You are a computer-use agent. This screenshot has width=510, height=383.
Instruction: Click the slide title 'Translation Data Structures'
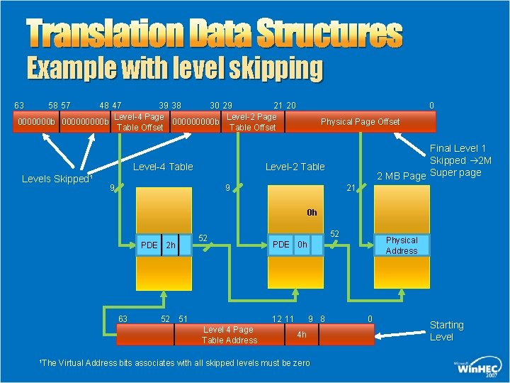[214, 33]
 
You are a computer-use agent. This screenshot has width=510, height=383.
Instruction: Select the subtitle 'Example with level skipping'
[174, 69]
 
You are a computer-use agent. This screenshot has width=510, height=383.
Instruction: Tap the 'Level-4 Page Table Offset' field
[140, 122]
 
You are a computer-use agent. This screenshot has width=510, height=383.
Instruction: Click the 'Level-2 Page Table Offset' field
[252, 122]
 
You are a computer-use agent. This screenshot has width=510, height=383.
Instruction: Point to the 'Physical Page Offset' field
[360, 122]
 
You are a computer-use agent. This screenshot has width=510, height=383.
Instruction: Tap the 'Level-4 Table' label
[163, 167]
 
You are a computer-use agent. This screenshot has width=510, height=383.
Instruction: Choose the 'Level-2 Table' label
[295, 167]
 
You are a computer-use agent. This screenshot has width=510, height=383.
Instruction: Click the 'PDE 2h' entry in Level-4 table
[157, 245]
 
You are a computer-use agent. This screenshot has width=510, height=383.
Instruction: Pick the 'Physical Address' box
[401, 245]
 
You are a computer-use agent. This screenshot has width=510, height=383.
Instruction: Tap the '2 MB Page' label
[401, 176]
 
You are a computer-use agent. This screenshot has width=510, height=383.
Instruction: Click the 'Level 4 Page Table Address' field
[227, 334]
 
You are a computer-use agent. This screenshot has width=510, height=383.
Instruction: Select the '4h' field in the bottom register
[302, 334]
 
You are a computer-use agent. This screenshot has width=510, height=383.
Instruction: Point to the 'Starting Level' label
[446, 331]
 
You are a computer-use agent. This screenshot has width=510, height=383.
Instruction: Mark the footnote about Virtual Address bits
[176, 363]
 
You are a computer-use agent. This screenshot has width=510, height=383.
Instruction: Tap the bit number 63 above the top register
[19, 106]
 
